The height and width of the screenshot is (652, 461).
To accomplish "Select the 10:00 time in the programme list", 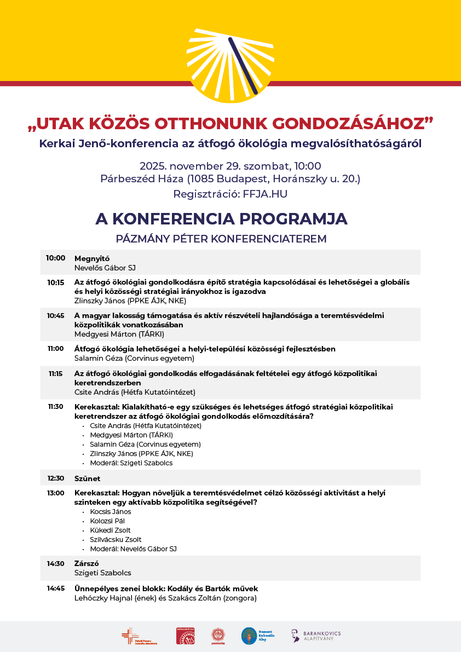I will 55,258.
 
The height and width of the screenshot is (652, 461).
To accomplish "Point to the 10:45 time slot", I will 55,315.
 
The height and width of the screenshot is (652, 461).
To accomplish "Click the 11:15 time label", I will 55,373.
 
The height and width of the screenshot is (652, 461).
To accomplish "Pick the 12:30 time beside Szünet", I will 55,478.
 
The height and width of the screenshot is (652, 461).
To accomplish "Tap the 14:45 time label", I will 55,588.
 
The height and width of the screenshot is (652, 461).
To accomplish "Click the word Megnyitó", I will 90,258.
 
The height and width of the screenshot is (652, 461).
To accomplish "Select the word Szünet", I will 87,478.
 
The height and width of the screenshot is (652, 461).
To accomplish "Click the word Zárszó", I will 87,563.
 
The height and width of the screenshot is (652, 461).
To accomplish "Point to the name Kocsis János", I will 111,512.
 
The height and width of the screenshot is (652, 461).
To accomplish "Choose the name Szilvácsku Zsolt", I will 116,540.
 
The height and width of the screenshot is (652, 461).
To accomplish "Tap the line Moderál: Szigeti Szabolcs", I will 131,463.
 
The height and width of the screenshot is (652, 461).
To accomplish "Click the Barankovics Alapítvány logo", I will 316,636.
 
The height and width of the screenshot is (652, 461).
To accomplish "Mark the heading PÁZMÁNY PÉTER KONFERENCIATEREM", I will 221,239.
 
